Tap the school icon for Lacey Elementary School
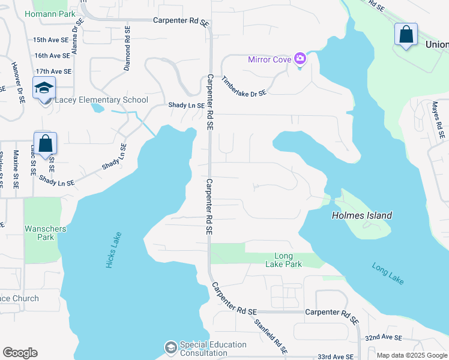click(x=44, y=88)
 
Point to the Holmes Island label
click(x=362, y=215)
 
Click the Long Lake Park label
click(x=284, y=260)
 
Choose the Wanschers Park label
click(x=45, y=233)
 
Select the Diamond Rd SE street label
click(x=127, y=49)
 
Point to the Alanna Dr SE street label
click(x=76, y=37)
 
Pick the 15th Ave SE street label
click(x=52, y=40)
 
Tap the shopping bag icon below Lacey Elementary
click(x=45, y=144)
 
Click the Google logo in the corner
click(x=20, y=353)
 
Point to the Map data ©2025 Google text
click(x=412, y=355)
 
